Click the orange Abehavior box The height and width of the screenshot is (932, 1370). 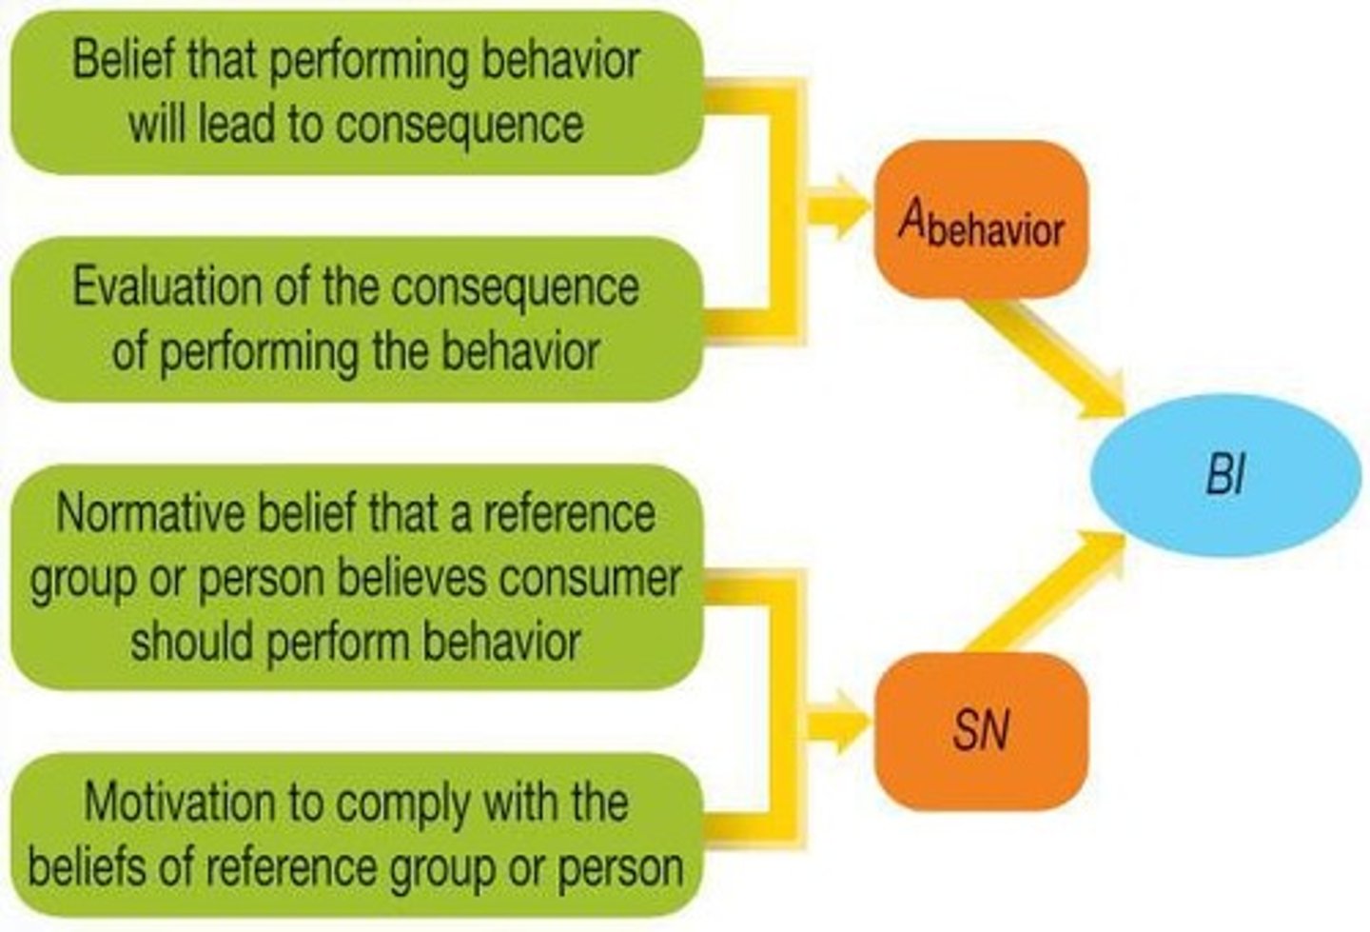[x=980, y=219]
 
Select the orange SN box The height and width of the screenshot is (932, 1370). [x=980, y=731]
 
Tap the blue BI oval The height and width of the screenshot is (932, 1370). [x=1225, y=474]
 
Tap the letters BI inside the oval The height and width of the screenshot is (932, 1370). [x=1225, y=474]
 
